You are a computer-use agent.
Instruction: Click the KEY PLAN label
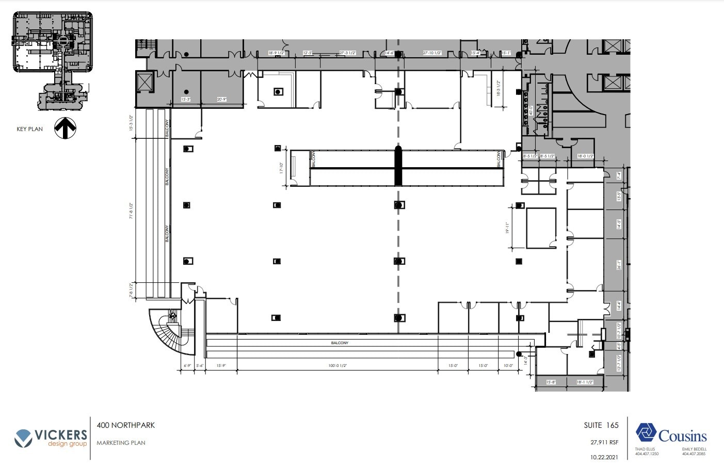pyautogui.click(x=29, y=129)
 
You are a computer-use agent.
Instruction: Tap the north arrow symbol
pyautogui.click(x=66, y=128)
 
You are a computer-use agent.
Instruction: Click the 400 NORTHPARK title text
pyautogui.click(x=126, y=425)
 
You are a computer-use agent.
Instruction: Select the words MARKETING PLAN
pyautogui.click(x=121, y=443)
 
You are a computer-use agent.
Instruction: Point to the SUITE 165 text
pyautogui.click(x=601, y=425)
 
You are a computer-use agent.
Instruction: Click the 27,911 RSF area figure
pyautogui.click(x=604, y=442)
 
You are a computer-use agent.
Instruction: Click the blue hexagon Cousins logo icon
pyautogui.click(x=646, y=433)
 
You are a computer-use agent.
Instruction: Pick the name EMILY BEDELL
pyautogui.click(x=694, y=449)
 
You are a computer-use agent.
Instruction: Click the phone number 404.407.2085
pyautogui.click(x=694, y=454)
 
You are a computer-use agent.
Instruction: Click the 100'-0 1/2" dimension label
pyautogui.click(x=337, y=366)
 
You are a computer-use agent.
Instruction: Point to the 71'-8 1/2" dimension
pyautogui.click(x=132, y=211)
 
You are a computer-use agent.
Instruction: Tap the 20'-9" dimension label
pyautogui.click(x=221, y=99)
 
